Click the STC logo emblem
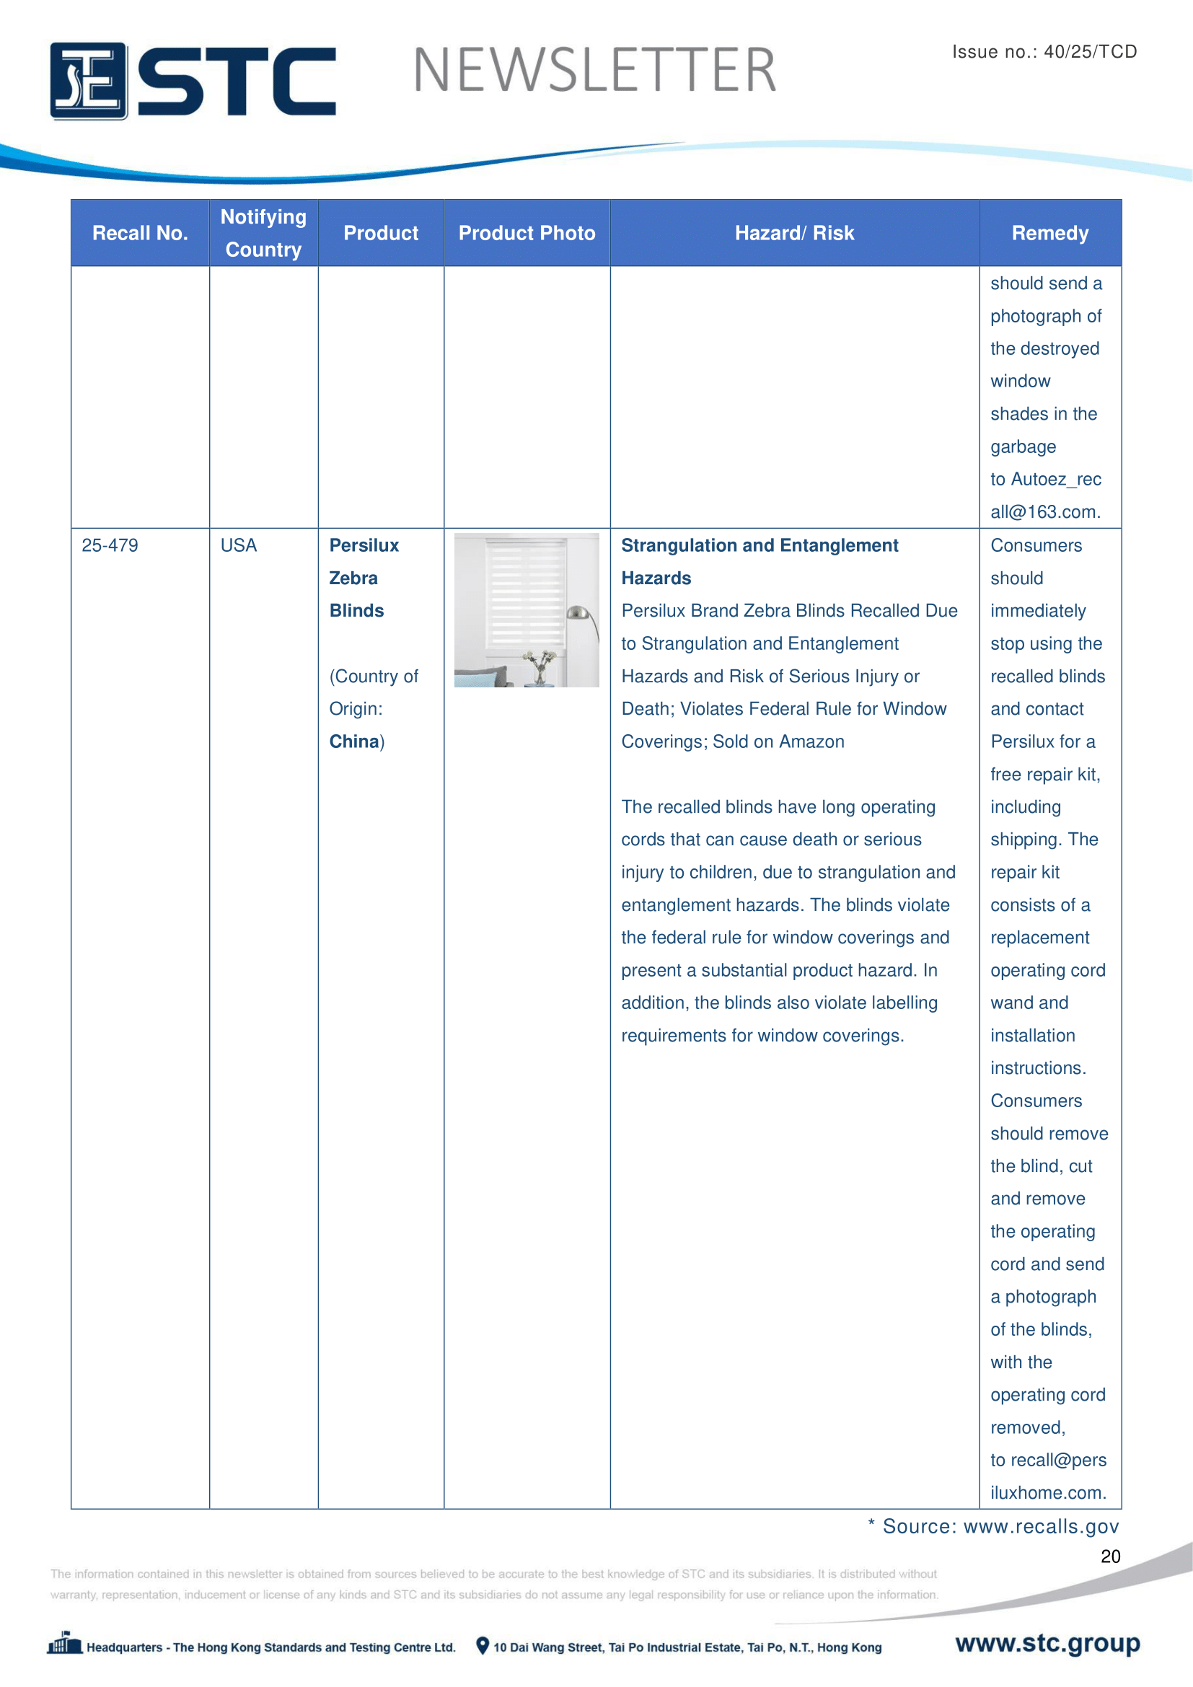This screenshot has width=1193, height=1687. coord(88,81)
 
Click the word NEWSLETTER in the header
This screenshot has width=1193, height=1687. coord(594,71)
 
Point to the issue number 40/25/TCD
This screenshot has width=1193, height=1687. coord(1090,51)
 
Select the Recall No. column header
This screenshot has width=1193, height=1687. coord(140,233)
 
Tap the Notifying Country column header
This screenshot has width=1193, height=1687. coord(263,233)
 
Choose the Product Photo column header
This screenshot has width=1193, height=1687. coord(527,233)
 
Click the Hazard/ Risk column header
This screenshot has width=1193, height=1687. coord(794,233)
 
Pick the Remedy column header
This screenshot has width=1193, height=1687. coord(1049,233)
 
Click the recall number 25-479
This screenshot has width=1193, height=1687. coord(110,545)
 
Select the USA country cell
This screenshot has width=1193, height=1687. coord(239,545)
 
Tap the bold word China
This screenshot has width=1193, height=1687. coord(353,741)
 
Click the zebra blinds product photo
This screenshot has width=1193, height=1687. coord(526,610)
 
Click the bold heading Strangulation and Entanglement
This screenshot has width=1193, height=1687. coord(760,545)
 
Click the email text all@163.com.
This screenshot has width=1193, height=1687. coord(1044,512)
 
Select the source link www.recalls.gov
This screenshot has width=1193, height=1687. coord(1041,1526)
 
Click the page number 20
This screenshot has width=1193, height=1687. coord(1110,1556)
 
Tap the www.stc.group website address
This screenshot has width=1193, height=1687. coord(1047,1643)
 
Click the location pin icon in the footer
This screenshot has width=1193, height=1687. coord(483,1646)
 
